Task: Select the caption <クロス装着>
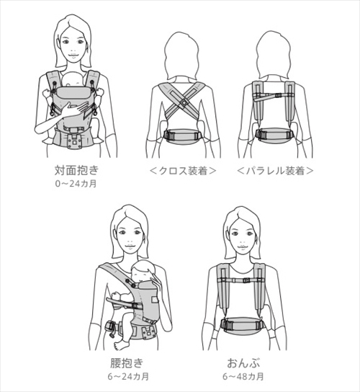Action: pos(183,171)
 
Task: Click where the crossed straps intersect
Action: pos(183,102)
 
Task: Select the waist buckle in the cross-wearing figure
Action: pos(183,135)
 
